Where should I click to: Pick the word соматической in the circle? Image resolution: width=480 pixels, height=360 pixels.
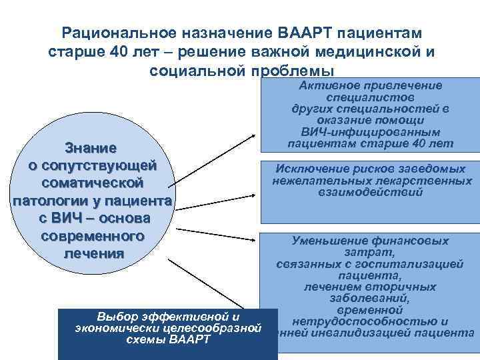[92, 182]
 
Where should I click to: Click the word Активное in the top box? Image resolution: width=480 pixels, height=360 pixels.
[330, 85]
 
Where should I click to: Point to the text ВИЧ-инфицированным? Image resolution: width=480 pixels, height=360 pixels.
[369, 131]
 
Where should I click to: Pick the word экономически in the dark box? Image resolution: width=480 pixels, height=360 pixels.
[109, 327]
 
